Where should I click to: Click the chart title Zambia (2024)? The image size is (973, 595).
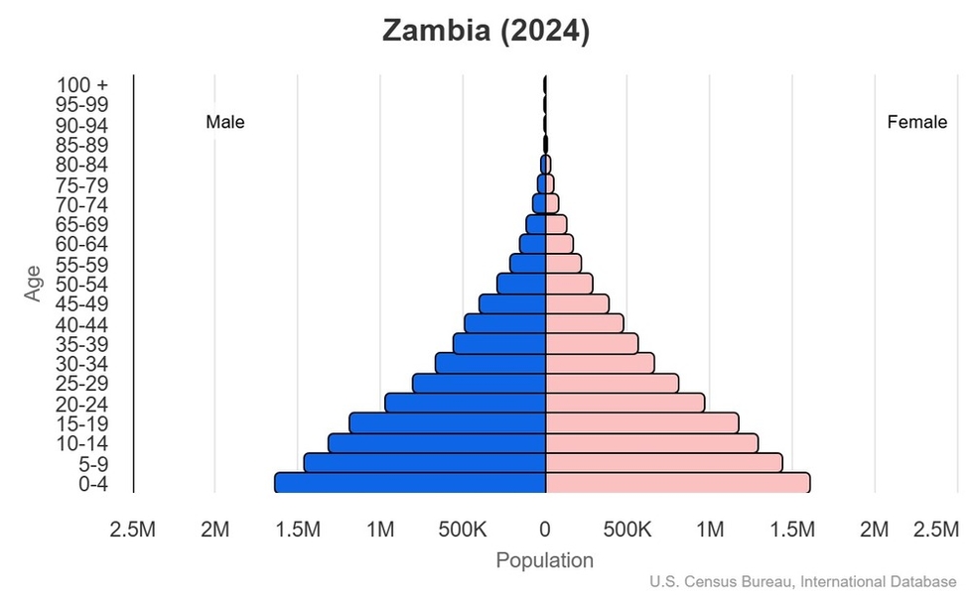[x=486, y=31]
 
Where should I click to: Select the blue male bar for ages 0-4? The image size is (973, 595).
[x=410, y=483]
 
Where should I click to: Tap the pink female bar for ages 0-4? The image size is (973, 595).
[x=677, y=483]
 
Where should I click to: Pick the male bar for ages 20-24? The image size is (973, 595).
[x=466, y=403]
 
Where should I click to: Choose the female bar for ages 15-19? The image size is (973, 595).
[x=641, y=422]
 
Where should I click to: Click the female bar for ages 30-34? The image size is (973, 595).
[x=600, y=363]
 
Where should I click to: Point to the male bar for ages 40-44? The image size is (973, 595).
[x=505, y=323]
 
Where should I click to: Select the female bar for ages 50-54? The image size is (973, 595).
[x=569, y=284]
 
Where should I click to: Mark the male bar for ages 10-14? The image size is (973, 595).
[x=437, y=442]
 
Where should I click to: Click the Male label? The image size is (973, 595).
[x=225, y=123]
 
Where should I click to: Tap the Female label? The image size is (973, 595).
[x=916, y=123]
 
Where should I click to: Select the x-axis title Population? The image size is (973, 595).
[x=544, y=560]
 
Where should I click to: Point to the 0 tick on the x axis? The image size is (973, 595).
[x=545, y=531]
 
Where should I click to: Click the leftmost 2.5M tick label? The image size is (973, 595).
[x=132, y=531]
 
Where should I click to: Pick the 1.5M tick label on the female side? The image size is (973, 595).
[x=791, y=531]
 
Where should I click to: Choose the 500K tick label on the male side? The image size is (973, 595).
[x=462, y=531]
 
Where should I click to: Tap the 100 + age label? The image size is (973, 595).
[x=81, y=85]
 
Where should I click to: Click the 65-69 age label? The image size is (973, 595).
[x=81, y=224]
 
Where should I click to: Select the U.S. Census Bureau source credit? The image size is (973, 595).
[x=804, y=581]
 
